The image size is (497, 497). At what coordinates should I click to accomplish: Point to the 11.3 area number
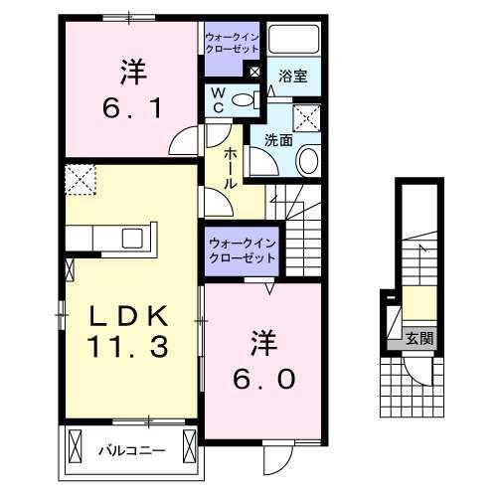pos(132,349)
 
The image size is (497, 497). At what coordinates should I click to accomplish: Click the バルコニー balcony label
pos(129,450)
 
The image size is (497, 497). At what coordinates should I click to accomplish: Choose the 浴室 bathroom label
pos(292,75)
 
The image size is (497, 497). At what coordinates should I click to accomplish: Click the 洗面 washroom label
pos(278,140)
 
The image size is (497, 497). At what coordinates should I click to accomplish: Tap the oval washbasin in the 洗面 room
pos(307,162)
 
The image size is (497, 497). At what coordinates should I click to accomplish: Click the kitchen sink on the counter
pos(131,239)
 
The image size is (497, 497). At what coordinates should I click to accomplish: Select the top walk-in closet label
pos(232,42)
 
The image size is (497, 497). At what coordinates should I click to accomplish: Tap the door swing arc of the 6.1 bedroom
pos(185,141)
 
